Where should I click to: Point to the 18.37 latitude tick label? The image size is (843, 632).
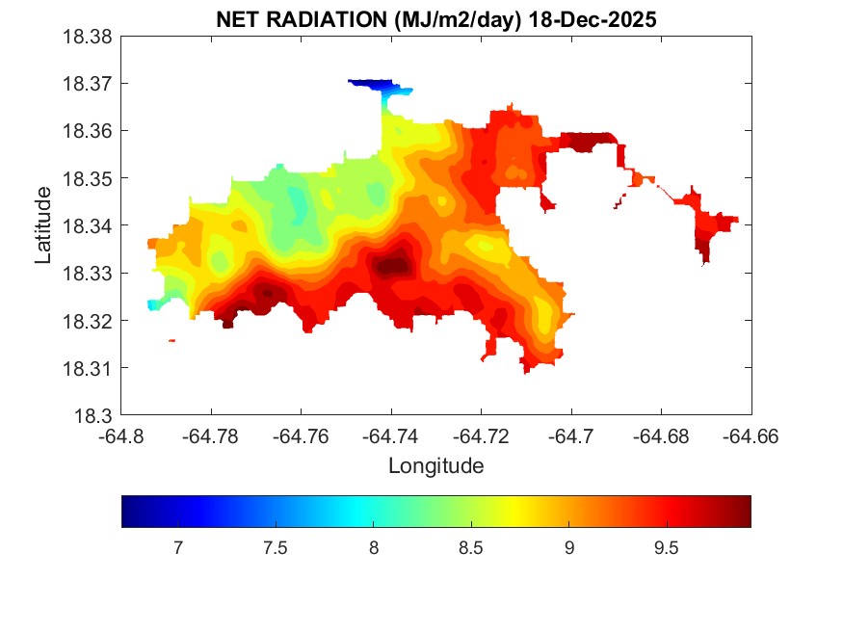tap(88, 84)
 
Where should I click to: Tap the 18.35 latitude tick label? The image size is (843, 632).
tap(88, 179)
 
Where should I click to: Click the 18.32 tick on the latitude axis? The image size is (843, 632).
tap(88, 321)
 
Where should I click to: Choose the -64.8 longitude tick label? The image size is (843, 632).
tap(122, 436)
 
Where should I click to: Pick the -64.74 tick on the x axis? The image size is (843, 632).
tap(391, 436)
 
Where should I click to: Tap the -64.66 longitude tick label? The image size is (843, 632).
tap(751, 436)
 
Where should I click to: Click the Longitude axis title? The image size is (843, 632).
tap(435, 466)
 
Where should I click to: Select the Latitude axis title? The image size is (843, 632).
tap(43, 225)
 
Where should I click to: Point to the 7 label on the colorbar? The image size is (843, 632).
tap(178, 548)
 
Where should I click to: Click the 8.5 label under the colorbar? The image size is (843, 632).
tap(471, 548)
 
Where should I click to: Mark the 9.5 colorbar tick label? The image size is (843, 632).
tap(667, 548)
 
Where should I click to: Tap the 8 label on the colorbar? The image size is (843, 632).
tap(374, 548)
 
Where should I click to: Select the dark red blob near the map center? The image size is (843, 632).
tap(393, 265)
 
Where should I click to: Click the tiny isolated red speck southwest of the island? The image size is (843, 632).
tap(171, 340)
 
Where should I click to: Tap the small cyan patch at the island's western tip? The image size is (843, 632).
tap(152, 304)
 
